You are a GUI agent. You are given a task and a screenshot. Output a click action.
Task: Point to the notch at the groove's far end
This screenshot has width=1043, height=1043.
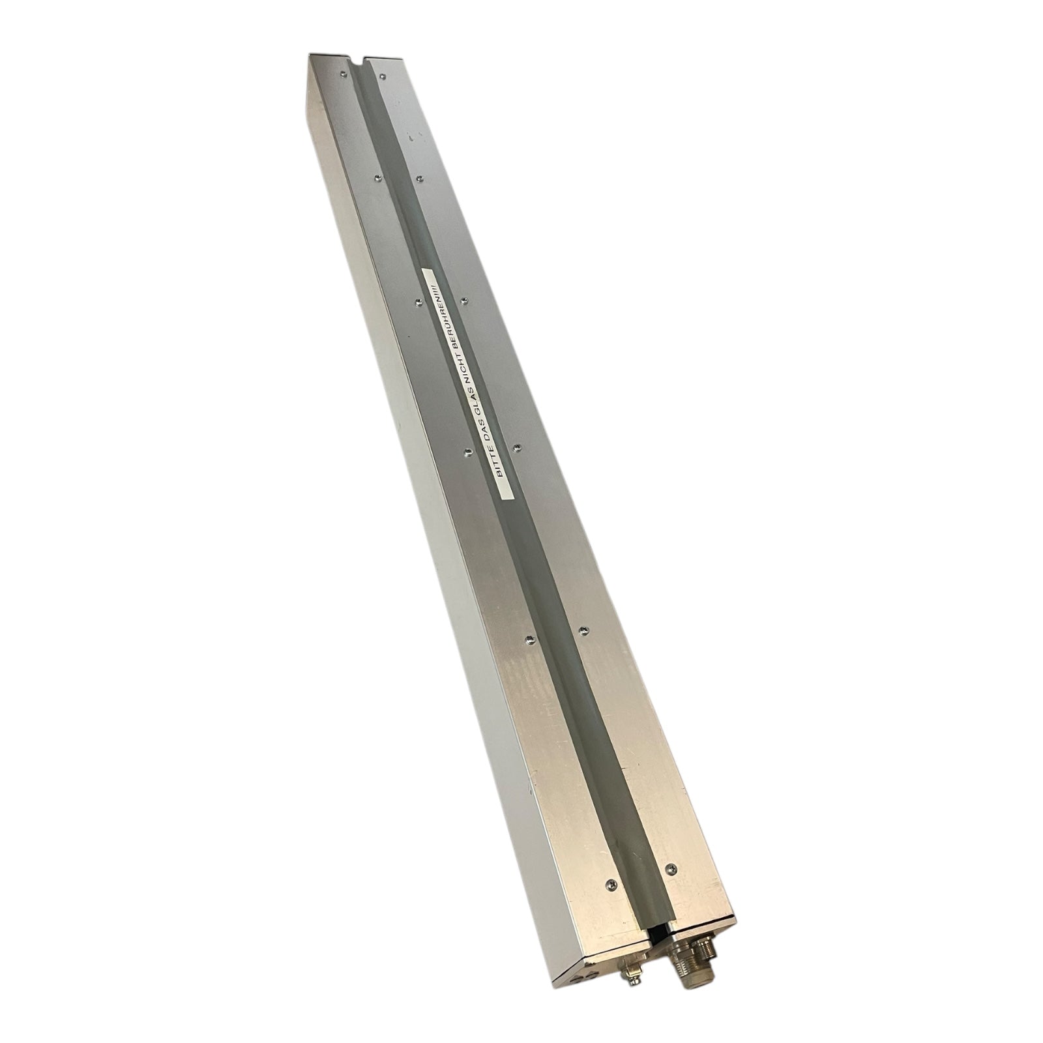click(357, 62)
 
